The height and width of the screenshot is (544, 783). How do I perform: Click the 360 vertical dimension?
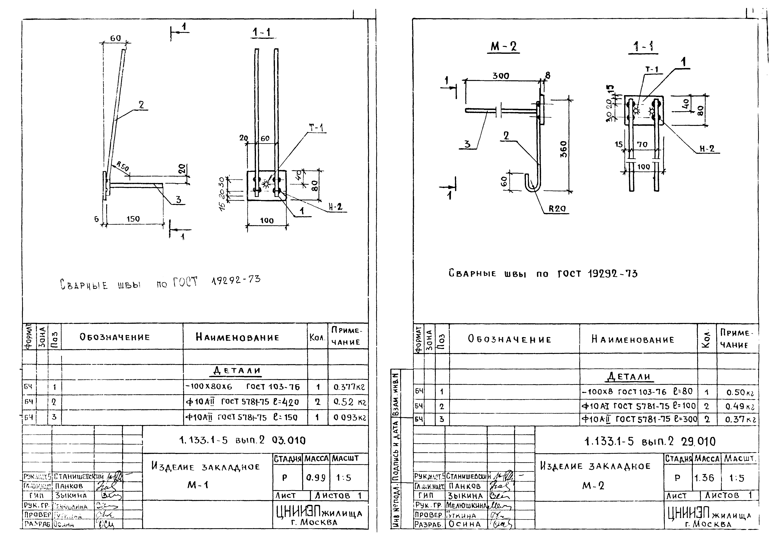(x=563, y=149)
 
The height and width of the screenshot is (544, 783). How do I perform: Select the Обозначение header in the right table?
(x=509, y=339)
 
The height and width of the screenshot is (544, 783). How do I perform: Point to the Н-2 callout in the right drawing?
(x=707, y=149)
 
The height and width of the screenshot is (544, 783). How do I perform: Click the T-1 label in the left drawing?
(x=316, y=128)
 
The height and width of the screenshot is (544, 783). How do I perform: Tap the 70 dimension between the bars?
(x=642, y=145)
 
